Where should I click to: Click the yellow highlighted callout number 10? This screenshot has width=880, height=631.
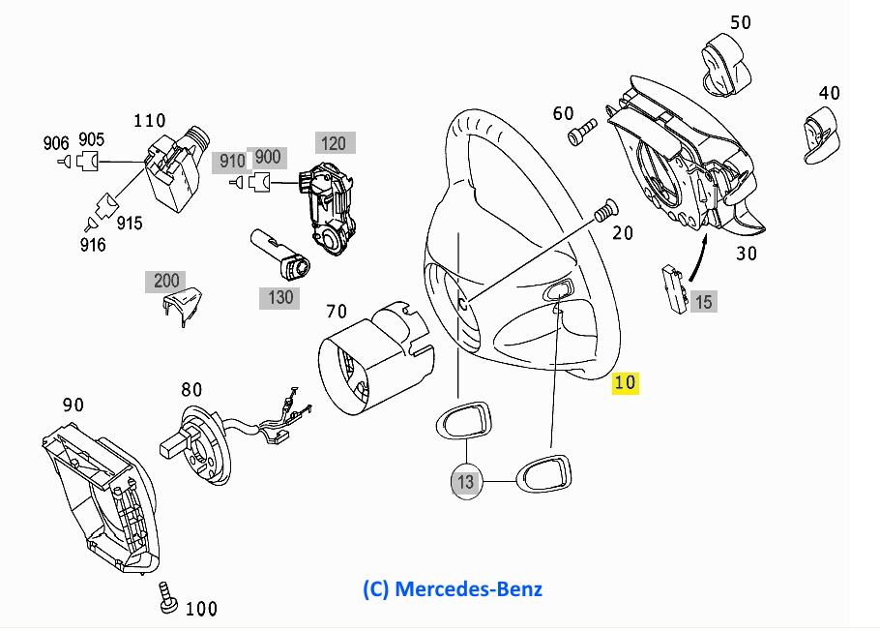(x=626, y=382)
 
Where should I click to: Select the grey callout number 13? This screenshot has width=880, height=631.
(x=466, y=481)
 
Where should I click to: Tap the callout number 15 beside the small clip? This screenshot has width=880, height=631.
(x=703, y=302)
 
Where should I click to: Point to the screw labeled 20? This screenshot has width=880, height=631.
(x=605, y=209)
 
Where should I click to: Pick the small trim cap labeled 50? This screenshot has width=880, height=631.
(x=726, y=62)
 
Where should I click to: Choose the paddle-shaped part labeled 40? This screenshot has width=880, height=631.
(x=820, y=133)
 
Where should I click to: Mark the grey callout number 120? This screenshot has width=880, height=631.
(x=333, y=143)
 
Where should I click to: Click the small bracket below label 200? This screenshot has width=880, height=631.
(x=184, y=306)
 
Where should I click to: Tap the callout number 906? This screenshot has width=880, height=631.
(x=56, y=143)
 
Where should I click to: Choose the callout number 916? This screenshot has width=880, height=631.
(x=93, y=245)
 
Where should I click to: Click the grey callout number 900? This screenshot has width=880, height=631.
(x=267, y=157)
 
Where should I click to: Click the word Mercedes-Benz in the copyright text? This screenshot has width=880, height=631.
(x=469, y=588)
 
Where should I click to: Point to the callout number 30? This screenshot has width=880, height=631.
(x=745, y=255)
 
